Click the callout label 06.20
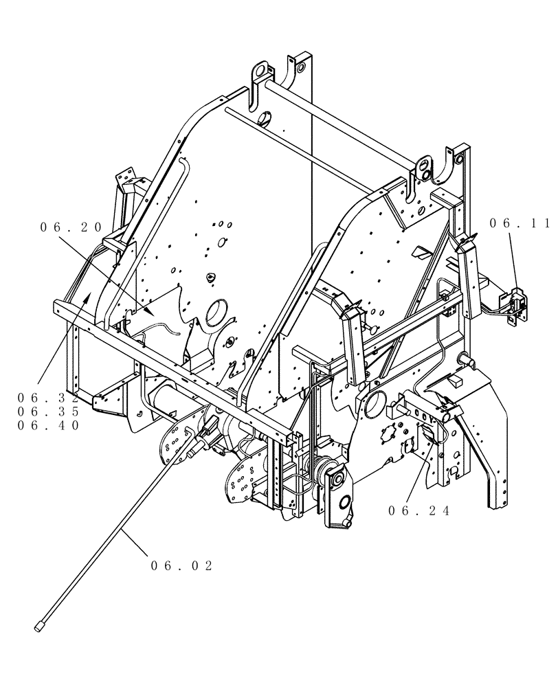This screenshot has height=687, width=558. pyautogui.click(x=71, y=227)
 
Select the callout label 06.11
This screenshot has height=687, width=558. pyautogui.click(x=520, y=223)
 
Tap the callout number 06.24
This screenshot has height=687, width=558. pyautogui.click(x=418, y=510)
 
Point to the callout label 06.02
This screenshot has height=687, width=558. pyautogui.click(x=181, y=565)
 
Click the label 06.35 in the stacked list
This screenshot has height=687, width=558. pyautogui.click(x=49, y=412)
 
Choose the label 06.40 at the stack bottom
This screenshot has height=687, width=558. pyautogui.click(x=49, y=425)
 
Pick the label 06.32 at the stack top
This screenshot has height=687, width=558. pyautogui.click(x=49, y=398)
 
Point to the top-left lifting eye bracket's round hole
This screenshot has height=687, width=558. pyautogui.click(x=260, y=71)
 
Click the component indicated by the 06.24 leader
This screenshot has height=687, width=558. pyautogui.click(x=427, y=437)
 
